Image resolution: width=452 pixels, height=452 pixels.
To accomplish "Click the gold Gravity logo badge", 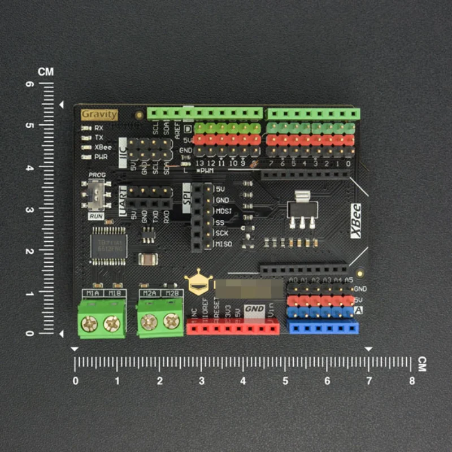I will [x=99, y=114].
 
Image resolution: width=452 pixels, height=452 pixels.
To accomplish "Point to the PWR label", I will [x=101, y=157].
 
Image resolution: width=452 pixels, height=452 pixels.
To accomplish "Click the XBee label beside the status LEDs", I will [x=103, y=147].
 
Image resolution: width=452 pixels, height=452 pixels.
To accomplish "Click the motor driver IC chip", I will [x=109, y=246].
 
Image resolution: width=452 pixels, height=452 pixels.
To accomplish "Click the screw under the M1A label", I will [x=90, y=324].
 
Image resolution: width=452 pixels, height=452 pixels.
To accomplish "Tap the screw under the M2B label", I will [x=171, y=321].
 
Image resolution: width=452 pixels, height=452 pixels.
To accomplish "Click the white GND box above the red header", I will [x=254, y=310].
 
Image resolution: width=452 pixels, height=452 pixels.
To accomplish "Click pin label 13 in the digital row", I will [x=199, y=163].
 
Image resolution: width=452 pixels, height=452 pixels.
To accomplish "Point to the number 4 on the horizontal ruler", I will [x=243, y=381].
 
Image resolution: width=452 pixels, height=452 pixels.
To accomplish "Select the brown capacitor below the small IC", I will [x=147, y=259].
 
